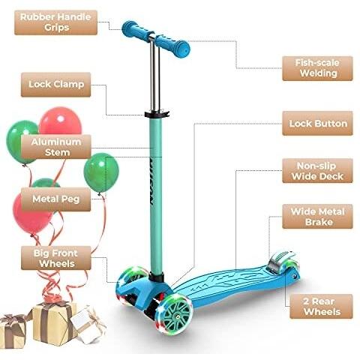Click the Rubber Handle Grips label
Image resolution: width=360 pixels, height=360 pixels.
pos(55,22)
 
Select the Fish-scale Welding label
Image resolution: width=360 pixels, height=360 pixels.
pos(317,68)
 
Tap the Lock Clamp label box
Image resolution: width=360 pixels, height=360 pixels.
pos(55,85)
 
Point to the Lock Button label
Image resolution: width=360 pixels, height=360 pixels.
pos(317,124)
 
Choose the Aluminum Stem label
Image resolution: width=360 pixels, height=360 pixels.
pos(55,147)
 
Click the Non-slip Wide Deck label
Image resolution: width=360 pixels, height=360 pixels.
pos(317,171)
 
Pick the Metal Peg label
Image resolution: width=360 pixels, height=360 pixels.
pos(55,199)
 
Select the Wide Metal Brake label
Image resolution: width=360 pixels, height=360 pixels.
pos(317,217)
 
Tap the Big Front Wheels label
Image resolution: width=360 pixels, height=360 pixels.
pos(55,258)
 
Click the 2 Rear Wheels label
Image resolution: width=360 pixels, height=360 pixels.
pos(321,307)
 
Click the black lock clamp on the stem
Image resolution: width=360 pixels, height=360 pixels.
pos(157,114)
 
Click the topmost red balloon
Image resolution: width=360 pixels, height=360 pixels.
pos(61,121)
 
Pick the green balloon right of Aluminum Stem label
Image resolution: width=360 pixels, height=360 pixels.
pos(101,173)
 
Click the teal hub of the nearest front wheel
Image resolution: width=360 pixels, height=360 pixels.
pos(178,316)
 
